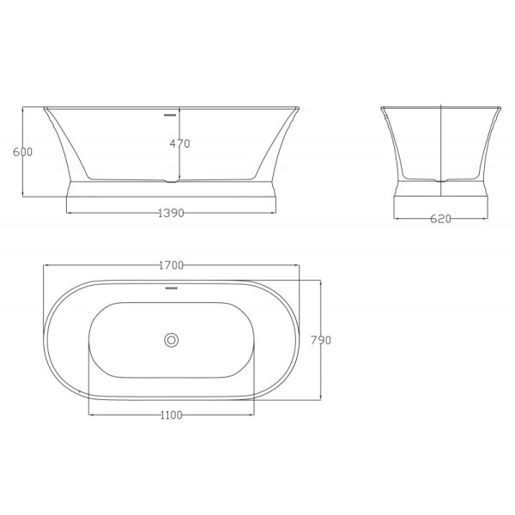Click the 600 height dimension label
coord(22,152)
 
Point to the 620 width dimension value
coord(439,219)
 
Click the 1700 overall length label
coord(171,265)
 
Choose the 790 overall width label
coord(320,340)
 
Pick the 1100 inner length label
coord(171,415)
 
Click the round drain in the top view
coord(171,340)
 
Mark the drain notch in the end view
coord(439,180)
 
